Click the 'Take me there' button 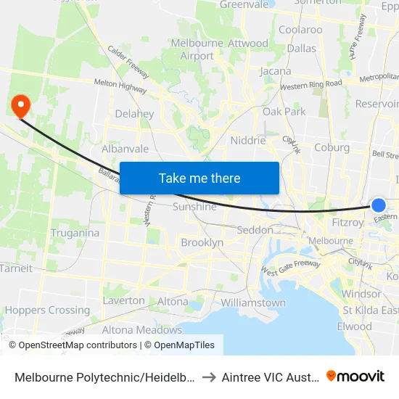click(x=199, y=178)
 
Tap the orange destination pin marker click(x=20, y=107)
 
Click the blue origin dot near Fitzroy click(x=379, y=205)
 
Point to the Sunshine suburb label click(x=194, y=207)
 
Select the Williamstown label click(x=253, y=303)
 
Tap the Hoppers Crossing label click(x=48, y=310)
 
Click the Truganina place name click(x=75, y=233)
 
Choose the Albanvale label click(x=125, y=149)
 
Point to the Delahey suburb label click(x=134, y=114)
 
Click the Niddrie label click(x=248, y=140)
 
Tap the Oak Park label click(x=284, y=112)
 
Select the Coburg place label click(x=332, y=147)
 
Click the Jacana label click(x=276, y=71)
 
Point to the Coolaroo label click(x=300, y=30)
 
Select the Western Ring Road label click(x=310, y=85)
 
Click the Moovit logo click(x=355, y=376)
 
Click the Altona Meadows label click(x=142, y=329)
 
